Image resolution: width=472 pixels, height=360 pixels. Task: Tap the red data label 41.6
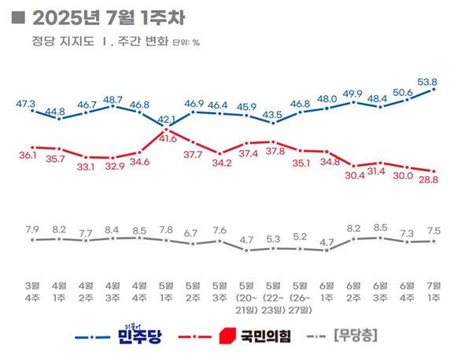coord(166,138)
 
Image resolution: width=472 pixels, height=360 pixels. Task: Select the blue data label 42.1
coord(166,120)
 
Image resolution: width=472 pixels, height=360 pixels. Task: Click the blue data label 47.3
coord(27,103)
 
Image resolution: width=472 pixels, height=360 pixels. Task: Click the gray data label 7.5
coord(433,230)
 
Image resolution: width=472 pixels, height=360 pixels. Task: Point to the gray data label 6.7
coord(193,233)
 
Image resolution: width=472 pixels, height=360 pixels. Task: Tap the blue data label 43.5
coord(273,115)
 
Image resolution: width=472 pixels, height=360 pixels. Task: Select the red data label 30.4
coord(354,175)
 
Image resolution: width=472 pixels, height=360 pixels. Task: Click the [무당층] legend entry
coord(356,336)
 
